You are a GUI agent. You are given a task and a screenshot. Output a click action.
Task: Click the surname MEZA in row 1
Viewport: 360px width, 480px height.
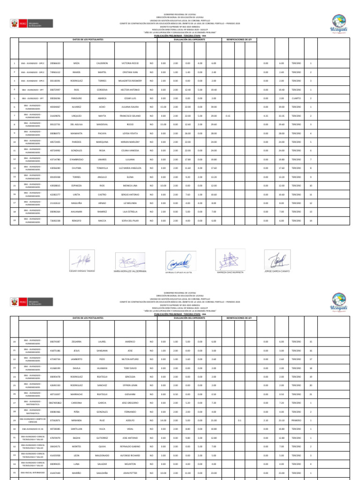(76, 63)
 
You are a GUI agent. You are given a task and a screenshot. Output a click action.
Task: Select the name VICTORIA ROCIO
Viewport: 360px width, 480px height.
(130, 63)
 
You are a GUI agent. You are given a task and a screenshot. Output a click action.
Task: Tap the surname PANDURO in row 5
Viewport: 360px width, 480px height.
(76, 98)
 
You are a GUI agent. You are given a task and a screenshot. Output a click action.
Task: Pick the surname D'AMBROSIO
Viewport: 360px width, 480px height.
(76, 159)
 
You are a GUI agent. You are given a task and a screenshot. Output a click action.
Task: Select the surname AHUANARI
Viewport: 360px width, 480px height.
(76, 212)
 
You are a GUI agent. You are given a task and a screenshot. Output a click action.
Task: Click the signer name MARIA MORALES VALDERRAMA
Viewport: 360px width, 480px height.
(130, 271)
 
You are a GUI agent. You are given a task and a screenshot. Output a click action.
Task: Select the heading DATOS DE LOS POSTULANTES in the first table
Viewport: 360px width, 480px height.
(88, 39)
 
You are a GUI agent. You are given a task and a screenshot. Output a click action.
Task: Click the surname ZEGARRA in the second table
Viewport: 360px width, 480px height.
(76, 342)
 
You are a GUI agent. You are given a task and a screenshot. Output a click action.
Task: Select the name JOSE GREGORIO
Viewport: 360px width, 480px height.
(130, 403)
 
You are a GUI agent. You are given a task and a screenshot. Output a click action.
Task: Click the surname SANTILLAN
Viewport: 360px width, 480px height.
(76, 429)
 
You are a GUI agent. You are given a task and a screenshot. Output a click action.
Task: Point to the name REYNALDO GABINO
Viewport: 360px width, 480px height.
(130, 446)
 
